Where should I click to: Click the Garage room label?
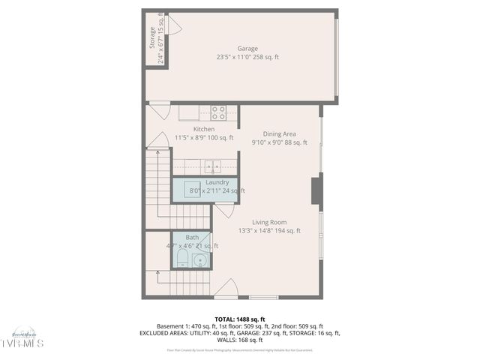coord(247,49)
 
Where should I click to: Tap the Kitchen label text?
coord(204,129)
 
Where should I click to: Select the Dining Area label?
coord(279,133)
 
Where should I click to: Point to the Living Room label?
coord(269,222)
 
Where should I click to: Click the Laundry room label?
coord(217,182)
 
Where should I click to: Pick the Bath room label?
coord(192,237)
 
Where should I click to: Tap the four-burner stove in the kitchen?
coord(218,112)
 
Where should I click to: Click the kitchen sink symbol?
coord(211,167)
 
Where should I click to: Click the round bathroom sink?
coord(199,260)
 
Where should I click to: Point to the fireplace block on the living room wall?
coord(317,190)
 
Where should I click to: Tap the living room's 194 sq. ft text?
coord(287,231)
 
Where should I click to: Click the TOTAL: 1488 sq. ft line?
coord(240,319)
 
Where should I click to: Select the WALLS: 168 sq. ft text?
coord(240,339)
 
